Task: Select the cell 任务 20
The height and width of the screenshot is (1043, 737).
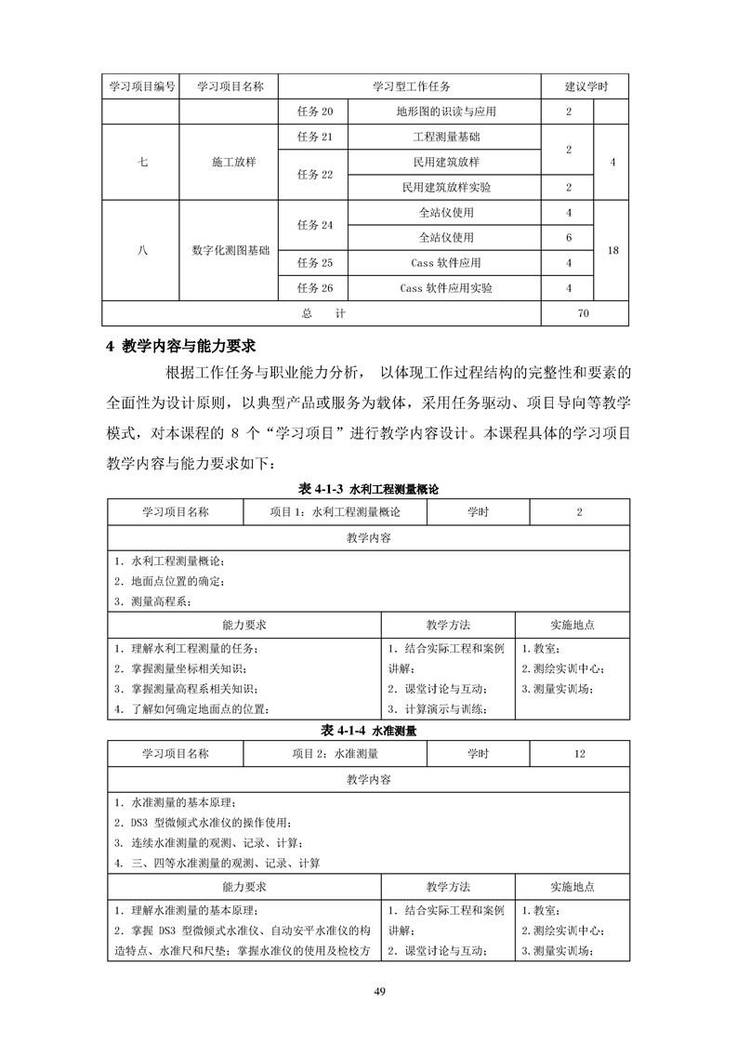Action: point(315,112)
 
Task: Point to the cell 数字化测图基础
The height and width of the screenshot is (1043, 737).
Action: point(230,250)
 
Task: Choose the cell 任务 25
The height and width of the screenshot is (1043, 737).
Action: point(315,263)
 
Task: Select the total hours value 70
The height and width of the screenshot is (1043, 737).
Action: point(583,314)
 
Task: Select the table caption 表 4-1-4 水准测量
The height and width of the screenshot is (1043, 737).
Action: point(368,731)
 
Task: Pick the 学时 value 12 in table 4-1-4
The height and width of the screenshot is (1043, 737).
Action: point(580,754)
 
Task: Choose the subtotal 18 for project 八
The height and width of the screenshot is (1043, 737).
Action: point(612,250)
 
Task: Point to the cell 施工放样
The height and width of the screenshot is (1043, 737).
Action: point(230,162)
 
